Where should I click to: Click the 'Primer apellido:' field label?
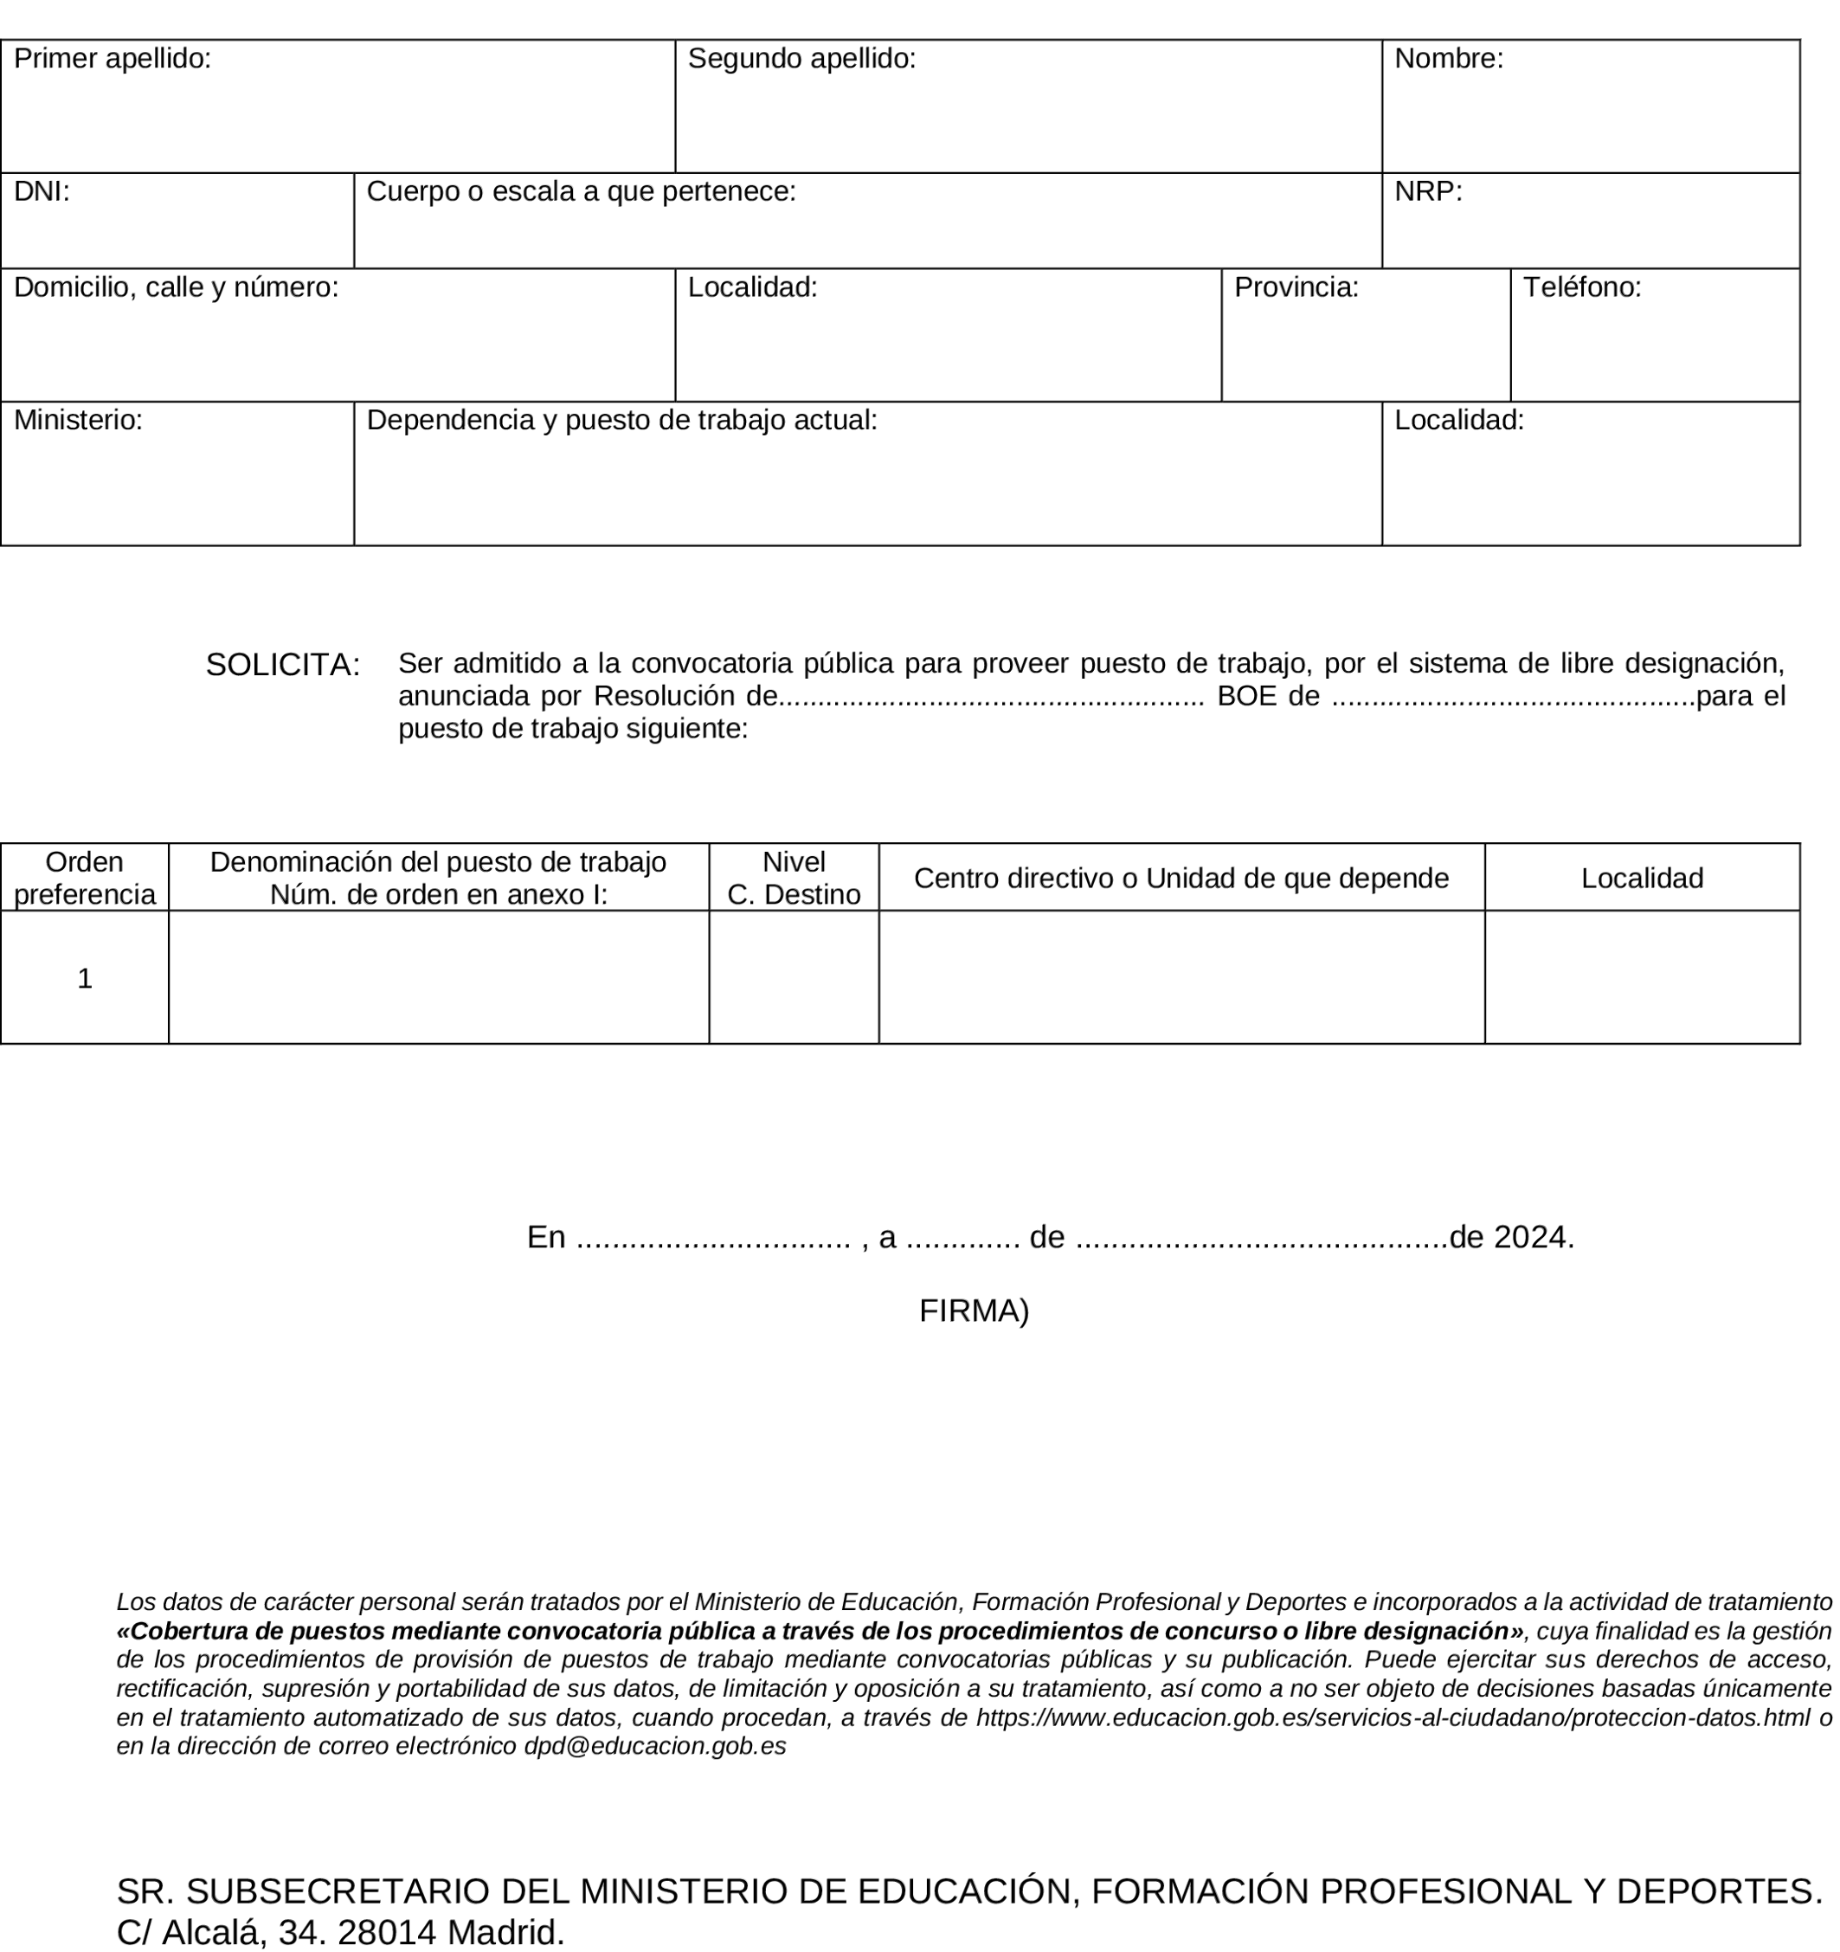(112, 59)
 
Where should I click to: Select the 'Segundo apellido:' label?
(801, 59)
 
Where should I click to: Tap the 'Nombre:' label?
(1448, 59)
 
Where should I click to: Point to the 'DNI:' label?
(42, 191)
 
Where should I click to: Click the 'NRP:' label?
(1428, 191)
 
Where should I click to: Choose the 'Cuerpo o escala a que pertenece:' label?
(580, 191)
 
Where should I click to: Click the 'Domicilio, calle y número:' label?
(176, 287)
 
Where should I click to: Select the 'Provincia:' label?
(1296, 287)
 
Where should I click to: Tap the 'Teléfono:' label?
(1582, 287)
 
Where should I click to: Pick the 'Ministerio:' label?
(78, 420)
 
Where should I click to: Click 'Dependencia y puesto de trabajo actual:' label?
(621, 420)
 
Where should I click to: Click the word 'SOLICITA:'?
(283, 666)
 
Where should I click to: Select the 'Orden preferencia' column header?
(85, 878)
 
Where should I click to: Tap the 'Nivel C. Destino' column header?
(794, 878)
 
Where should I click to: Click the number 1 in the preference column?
(85, 979)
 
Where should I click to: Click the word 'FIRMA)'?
(973, 1311)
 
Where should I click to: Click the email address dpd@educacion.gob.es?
(655, 1746)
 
